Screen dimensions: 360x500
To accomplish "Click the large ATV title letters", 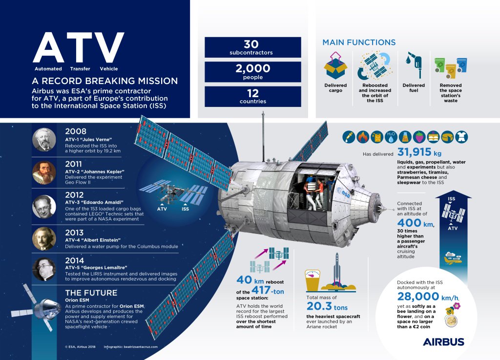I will point(78,48).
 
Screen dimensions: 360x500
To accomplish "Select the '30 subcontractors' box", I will point(252,47).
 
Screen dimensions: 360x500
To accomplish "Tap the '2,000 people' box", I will point(252,71).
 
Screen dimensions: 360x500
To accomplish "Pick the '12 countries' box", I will point(252,96).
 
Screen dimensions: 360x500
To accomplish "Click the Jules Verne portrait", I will point(44,139).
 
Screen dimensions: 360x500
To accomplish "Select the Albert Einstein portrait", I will point(44,239).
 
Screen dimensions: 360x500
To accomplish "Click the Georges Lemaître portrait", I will point(44,269).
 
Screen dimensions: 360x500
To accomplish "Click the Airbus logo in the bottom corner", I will point(443,341).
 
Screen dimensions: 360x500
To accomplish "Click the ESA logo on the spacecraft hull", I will point(345,194).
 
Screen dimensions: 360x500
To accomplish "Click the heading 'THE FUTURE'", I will point(91,293).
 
